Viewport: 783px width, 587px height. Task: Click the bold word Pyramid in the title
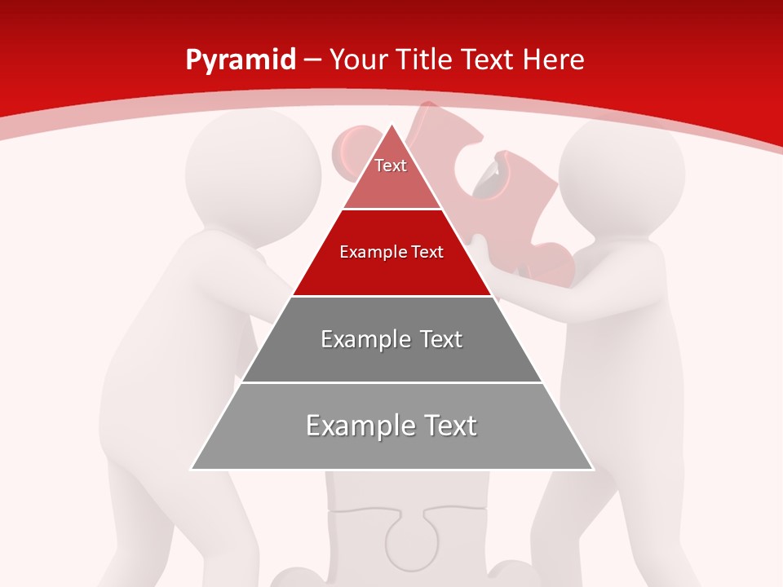click(x=241, y=60)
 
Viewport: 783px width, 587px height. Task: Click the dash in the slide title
click(x=312, y=60)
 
